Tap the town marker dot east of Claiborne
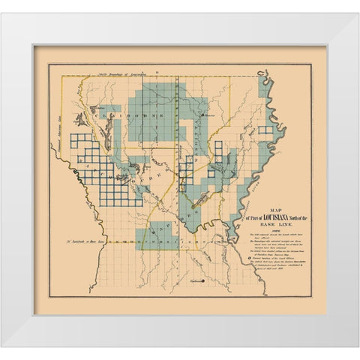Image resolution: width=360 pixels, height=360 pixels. [x=199, y=115]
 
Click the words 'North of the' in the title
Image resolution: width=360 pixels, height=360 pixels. [x=304, y=216]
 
